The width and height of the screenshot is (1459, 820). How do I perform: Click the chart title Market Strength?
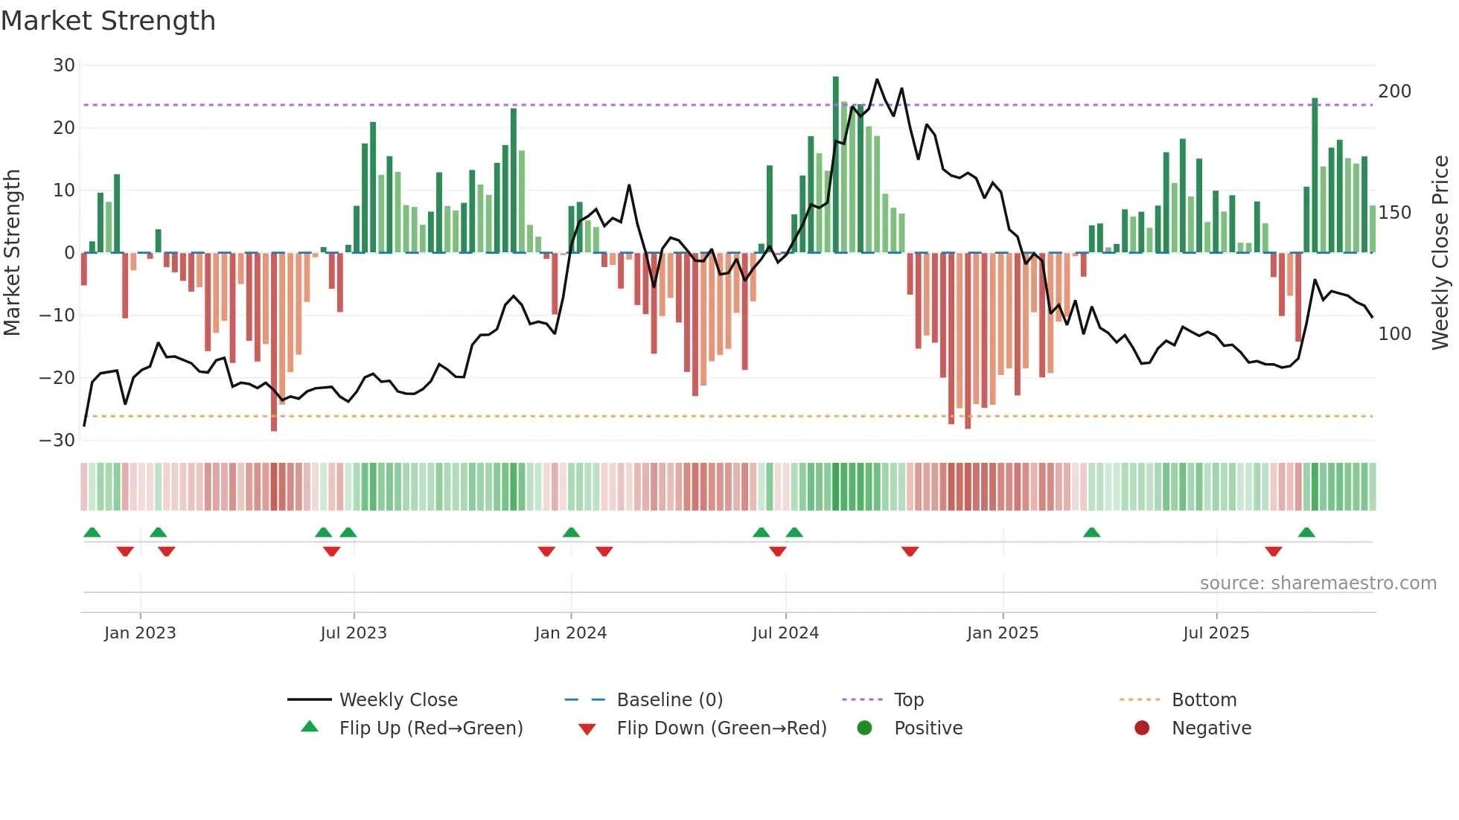108,21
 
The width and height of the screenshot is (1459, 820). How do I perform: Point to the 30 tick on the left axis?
63,65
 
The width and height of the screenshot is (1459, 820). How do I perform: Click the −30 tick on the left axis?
57,440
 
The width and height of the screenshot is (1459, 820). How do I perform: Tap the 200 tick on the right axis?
1394,92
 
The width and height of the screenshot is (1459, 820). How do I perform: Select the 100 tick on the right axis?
1394,334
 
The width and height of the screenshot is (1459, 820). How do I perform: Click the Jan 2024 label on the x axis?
570,633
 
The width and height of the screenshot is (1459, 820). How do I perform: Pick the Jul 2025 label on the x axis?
1216,633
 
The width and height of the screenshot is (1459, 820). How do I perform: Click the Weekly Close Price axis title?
1440,253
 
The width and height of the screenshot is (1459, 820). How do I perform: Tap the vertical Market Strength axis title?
13,253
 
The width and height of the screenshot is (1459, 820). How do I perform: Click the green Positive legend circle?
864,728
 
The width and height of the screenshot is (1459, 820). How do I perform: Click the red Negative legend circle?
1142,728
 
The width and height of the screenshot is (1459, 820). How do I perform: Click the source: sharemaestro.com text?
1318,583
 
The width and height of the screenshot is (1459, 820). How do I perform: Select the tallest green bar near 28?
835,164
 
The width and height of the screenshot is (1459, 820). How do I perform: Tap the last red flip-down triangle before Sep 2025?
1273,551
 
